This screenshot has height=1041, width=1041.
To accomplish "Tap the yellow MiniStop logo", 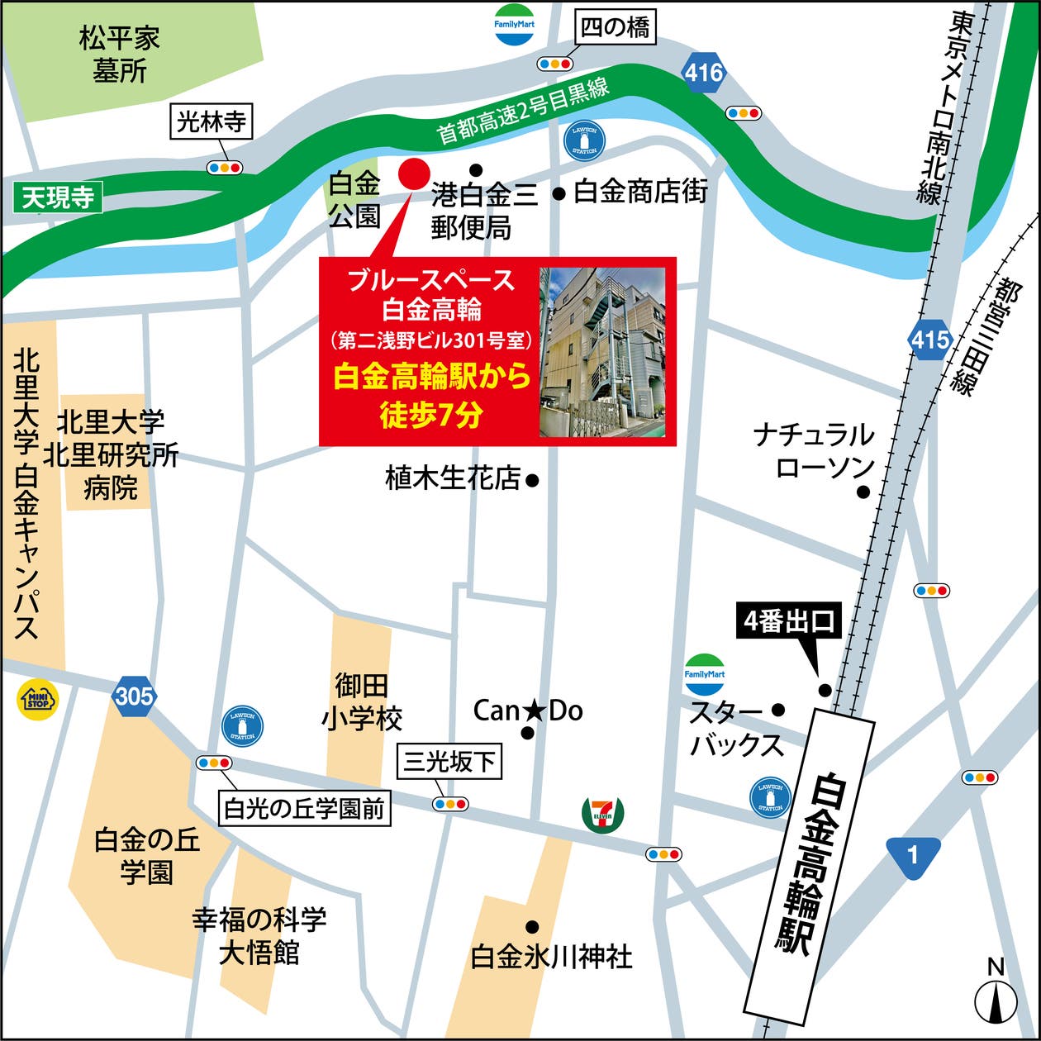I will (x=38, y=700).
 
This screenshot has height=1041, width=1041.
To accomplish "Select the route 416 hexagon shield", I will (x=704, y=74).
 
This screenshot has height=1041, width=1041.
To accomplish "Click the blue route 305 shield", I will (x=134, y=696).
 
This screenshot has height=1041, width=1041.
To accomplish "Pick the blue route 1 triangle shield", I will (x=913, y=853).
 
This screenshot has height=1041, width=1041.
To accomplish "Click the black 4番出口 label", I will (x=789, y=622).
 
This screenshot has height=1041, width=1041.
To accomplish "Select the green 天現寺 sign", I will (x=58, y=198).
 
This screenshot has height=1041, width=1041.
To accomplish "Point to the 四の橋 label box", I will (x=616, y=29).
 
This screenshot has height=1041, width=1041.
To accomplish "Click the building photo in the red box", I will (x=602, y=352).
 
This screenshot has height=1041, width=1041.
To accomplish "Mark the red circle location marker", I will (x=414, y=173).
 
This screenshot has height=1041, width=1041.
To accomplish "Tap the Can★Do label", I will (x=528, y=711).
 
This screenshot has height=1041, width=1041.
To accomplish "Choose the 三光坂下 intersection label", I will (x=449, y=762).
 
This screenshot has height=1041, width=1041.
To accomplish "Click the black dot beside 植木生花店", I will (x=533, y=479).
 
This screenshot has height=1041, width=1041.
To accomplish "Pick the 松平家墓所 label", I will (x=120, y=55).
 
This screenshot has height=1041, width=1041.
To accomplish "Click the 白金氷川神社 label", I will (x=551, y=957).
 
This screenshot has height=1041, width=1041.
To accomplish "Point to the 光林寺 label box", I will (x=212, y=123).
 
